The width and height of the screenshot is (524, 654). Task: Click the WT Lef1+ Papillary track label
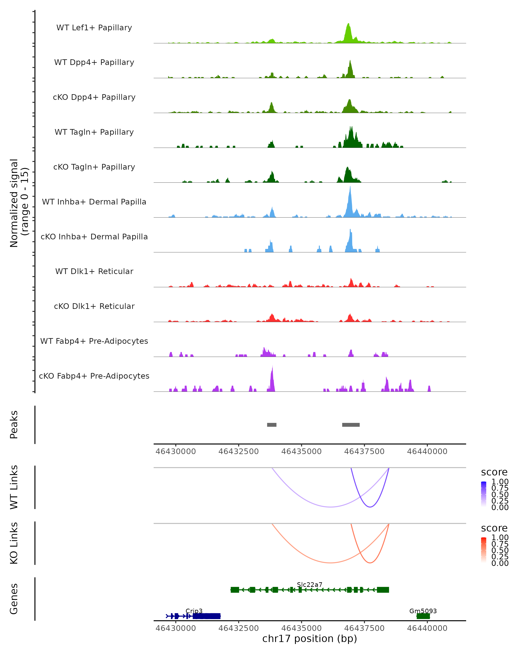94,28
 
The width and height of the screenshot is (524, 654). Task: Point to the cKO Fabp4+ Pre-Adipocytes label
94,376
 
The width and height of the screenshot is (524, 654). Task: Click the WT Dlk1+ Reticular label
94,271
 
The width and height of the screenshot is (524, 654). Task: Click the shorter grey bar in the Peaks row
272,425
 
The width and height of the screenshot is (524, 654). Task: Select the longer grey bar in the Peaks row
351,425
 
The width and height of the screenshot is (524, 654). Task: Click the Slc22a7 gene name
310,584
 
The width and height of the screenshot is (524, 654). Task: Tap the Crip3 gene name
194,611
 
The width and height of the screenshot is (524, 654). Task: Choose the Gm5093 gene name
423,611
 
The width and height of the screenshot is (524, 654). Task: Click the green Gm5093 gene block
423,616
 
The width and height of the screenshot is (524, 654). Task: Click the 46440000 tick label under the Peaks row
427,451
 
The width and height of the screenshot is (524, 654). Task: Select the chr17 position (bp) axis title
310,639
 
